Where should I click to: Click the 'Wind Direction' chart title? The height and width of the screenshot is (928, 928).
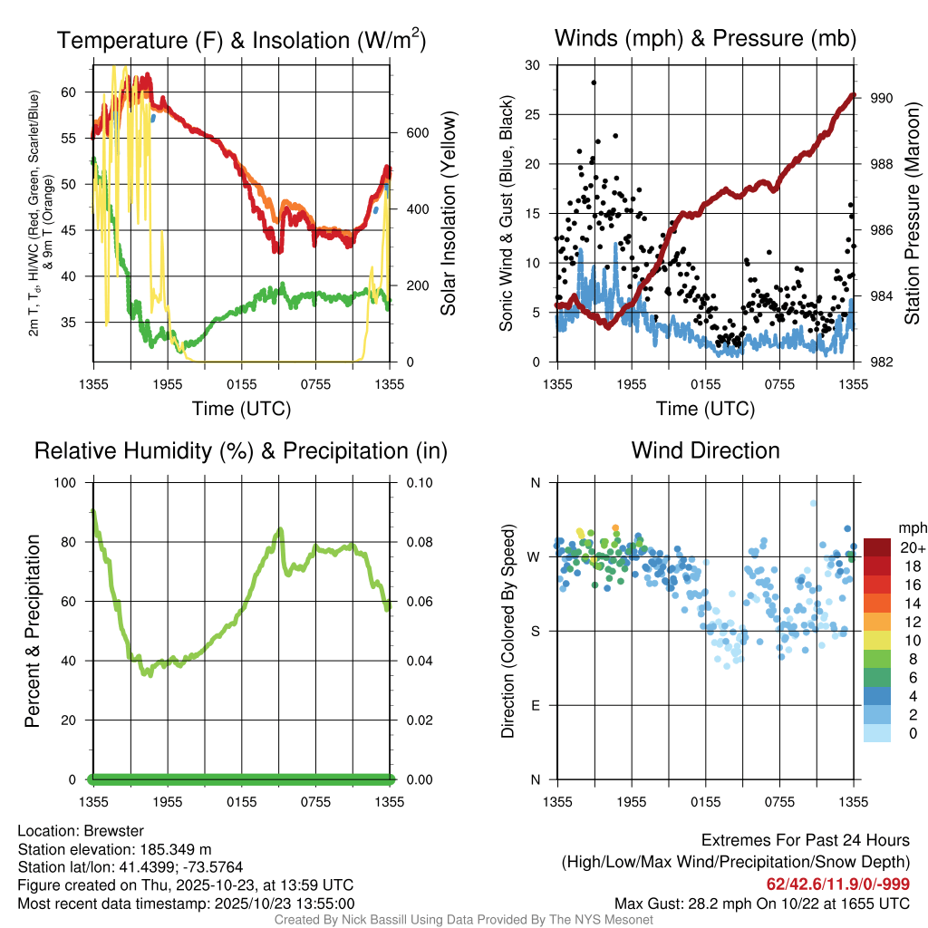coord(705,450)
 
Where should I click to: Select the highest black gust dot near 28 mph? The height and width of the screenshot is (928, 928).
coord(594,82)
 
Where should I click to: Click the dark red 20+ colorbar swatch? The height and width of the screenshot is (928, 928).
coord(877,547)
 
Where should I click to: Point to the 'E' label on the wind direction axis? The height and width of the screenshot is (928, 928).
coord(535,705)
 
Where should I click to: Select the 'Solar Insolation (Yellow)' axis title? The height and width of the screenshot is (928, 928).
coord(448,214)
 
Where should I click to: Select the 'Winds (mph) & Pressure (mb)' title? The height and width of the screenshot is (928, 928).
coord(705,38)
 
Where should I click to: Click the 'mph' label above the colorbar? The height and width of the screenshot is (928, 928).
coord(910,527)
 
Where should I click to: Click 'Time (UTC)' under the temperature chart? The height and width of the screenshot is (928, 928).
coord(241,409)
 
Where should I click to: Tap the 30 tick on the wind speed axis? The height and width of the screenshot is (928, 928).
coord(533,65)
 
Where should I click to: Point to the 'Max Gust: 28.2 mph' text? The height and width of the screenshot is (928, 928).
coord(689,903)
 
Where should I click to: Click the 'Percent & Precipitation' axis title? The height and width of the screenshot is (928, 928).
coord(32,631)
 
